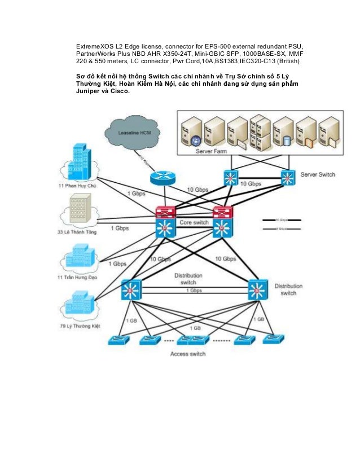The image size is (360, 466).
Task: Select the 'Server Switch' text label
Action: pyautogui.click(x=318, y=174)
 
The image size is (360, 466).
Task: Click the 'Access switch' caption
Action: pyautogui.click(x=188, y=354)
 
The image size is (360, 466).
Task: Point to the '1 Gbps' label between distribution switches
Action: pyautogui.click(x=195, y=291)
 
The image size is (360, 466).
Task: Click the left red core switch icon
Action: pyautogui.click(x=166, y=213)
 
